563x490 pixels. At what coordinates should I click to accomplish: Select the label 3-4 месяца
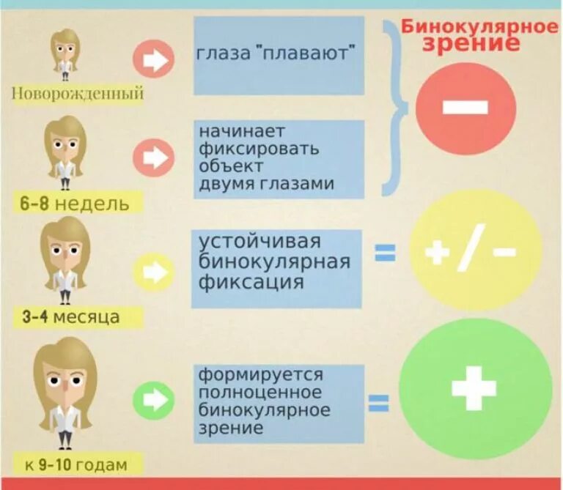click(71, 317)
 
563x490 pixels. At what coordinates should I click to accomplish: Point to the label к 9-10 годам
click(75, 464)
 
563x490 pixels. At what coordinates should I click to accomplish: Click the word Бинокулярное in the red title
click(479, 28)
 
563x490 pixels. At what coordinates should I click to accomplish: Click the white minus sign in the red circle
click(465, 108)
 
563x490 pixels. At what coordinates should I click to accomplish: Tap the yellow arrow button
click(153, 272)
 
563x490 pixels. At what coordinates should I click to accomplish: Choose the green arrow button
click(153, 399)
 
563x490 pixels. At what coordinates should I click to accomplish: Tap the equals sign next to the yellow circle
click(386, 253)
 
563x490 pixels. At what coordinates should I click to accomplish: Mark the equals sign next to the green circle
click(378, 403)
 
